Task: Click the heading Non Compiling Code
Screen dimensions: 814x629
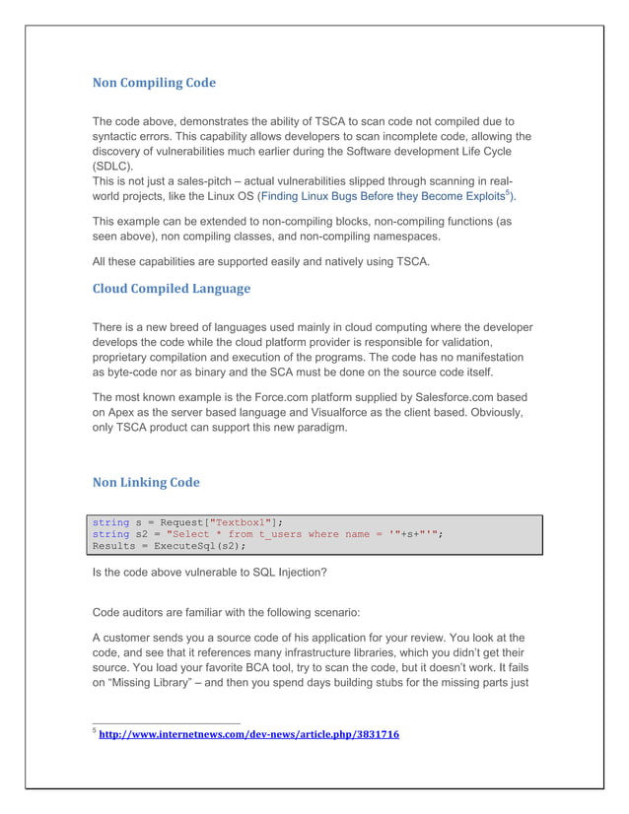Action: [153, 83]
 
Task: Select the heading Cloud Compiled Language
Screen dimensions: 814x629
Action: [171, 289]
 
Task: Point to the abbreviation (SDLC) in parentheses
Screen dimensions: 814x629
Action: [115, 169]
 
